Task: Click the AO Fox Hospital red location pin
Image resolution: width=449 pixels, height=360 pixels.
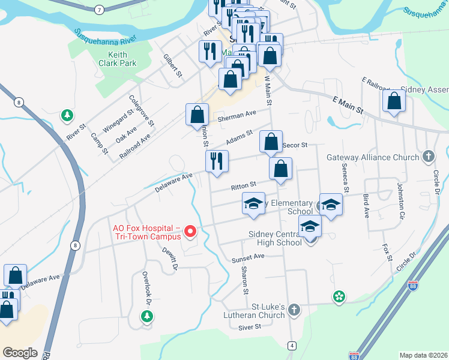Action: coord(191,231)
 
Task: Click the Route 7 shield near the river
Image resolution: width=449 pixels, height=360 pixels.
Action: coord(99,10)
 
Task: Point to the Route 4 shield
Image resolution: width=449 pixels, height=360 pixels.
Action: coord(291,346)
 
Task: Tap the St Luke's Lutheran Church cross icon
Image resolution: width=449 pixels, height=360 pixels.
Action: coord(294,310)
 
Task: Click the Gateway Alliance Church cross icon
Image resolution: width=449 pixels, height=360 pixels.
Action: coord(428,157)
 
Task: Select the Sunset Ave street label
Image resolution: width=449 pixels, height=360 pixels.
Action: coord(249,257)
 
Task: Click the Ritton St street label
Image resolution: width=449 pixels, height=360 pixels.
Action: coord(244,185)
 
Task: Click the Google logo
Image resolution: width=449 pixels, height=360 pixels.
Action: coord(20,353)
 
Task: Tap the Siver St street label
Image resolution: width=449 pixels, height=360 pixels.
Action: coord(250,327)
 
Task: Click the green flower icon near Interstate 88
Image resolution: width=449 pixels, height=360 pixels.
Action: coord(339,296)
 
